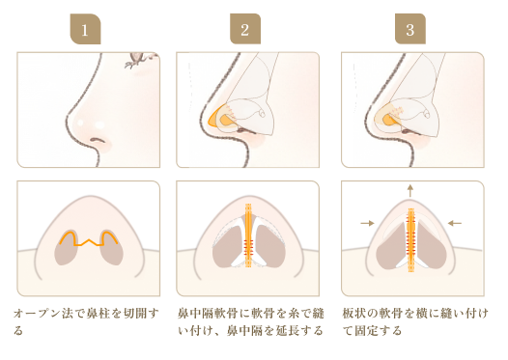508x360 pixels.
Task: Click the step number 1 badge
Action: coord(85,29)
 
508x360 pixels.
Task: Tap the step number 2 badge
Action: coord(245,29)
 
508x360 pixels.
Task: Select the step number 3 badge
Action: coord(410,29)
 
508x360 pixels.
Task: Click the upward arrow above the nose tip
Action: coord(410,191)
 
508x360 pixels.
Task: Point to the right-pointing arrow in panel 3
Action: coord(367,223)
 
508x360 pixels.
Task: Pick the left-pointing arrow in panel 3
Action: coord(455,223)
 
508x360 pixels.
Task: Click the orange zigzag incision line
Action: coord(89,239)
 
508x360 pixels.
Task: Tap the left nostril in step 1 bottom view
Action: coord(67,248)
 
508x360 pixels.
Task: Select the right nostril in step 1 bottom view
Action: coord(111,248)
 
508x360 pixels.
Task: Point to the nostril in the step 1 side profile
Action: coord(98,140)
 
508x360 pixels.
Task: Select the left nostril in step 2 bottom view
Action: coord(227,246)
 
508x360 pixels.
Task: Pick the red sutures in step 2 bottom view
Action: coord(248,248)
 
